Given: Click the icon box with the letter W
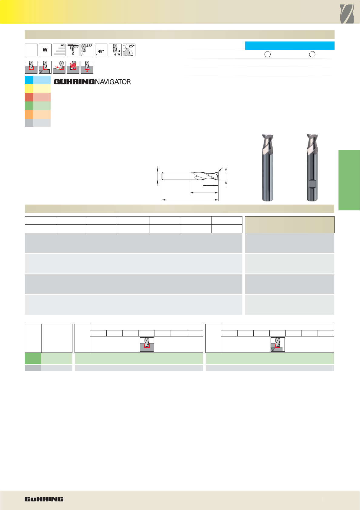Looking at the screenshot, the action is click(x=45, y=50).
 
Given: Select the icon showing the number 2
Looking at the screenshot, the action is click(x=73, y=50).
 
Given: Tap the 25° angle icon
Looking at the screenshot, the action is click(x=129, y=50).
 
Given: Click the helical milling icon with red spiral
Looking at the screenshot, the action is click(x=73, y=67).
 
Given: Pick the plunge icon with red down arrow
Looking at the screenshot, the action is click(x=87, y=67).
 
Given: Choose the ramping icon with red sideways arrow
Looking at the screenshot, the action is click(x=59, y=67).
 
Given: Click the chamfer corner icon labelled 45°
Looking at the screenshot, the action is click(x=101, y=50).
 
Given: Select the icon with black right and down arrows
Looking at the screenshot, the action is click(x=115, y=50).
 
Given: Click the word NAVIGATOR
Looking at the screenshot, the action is click(x=113, y=82).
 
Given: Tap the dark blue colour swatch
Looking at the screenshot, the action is click(x=29, y=80).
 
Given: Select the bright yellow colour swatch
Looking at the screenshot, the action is click(x=29, y=88).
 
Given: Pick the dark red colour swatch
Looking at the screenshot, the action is click(x=29, y=97).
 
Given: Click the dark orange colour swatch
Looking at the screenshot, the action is click(x=29, y=114).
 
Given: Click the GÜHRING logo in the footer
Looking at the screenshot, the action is click(x=44, y=499).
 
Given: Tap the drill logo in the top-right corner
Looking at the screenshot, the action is click(x=347, y=14).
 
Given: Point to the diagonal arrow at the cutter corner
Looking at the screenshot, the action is click(x=220, y=170).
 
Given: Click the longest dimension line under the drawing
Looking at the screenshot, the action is click(x=190, y=200).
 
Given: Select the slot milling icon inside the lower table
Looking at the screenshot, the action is click(x=147, y=344).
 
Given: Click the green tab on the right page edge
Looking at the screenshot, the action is click(x=349, y=180).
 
